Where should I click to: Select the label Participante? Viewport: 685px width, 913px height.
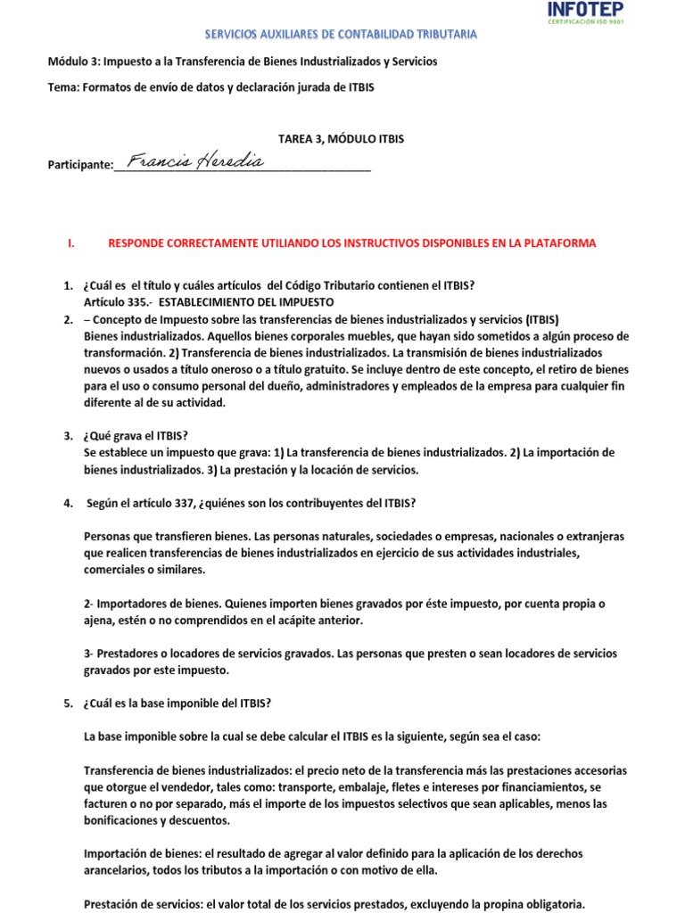[x=80, y=165]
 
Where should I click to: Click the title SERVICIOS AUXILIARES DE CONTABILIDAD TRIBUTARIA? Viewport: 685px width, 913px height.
[x=342, y=34]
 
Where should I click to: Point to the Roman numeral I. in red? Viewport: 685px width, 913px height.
[x=70, y=243]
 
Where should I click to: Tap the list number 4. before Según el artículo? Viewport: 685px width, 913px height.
[x=68, y=503]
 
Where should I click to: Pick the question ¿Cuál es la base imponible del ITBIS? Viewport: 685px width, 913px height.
[x=177, y=703]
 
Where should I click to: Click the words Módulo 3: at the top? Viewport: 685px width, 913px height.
[x=74, y=62]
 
